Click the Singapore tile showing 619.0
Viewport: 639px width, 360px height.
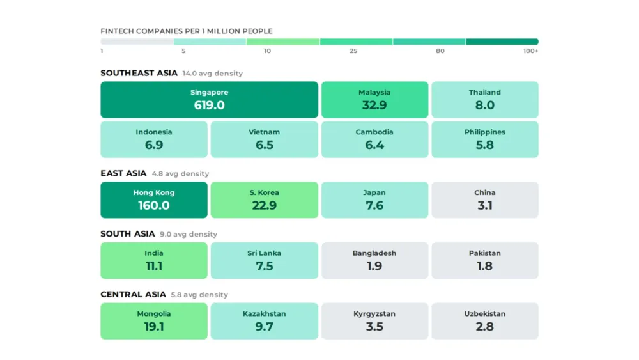[x=209, y=100]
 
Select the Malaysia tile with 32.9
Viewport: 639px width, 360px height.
[x=374, y=100]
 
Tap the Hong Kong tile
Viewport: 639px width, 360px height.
[x=154, y=200]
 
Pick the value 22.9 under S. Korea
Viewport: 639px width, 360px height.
[x=265, y=206]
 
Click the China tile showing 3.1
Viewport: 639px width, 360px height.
[x=485, y=200]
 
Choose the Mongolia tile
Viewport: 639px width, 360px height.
[x=154, y=321]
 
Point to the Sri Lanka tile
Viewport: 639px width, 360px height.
[x=265, y=260]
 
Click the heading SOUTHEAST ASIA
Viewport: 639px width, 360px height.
[x=139, y=73]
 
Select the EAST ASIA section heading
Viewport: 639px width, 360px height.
[x=123, y=173]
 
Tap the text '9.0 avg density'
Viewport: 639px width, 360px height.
[x=189, y=235]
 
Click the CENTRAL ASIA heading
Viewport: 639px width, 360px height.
[x=133, y=295]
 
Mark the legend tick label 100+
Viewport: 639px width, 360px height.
[x=530, y=51]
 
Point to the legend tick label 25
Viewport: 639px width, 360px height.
[x=353, y=51]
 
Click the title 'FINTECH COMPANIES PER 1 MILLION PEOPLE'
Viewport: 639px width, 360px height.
[x=187, y=31]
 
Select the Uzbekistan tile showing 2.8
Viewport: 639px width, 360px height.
[x=485, y=321]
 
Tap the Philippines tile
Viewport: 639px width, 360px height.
[x=485, y=139]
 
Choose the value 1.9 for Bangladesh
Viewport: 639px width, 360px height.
[x=374, y=266]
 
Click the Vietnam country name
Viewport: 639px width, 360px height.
[x=265, y=132]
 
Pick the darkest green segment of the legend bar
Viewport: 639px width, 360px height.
[x=502, y=42]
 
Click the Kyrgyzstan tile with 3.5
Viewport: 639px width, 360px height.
[x=374, y=321]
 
